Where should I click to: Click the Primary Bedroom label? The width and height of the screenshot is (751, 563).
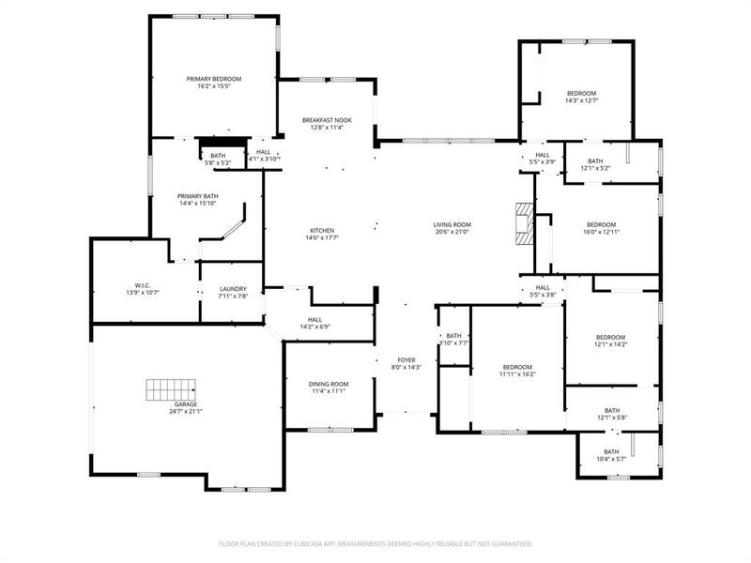tap(214, 79)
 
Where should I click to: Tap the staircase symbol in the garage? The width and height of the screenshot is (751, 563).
tap(169, 388)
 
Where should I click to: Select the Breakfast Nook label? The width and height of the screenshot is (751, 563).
tap(327, 120)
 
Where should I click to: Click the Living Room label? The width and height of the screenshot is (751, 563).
tap(452, 224)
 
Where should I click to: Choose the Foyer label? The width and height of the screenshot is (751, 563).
tap(406, 359)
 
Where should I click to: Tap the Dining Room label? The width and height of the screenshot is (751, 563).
tap(329, 384)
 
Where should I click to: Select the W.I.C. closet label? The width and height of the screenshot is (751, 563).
tap(143, 285)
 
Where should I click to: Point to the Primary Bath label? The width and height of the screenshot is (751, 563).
tap(198, 196)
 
